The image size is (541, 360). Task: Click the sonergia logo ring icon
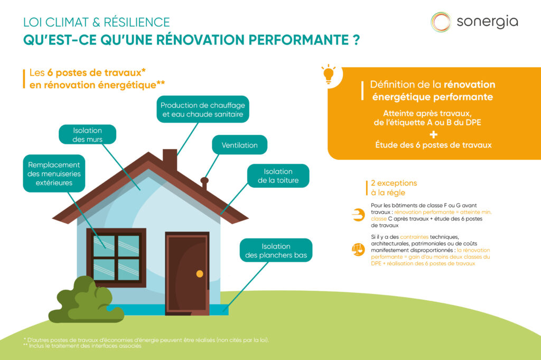pyautogui.click(x=441, y=22)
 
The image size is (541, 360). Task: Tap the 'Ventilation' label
pyautogui.click(x=239, y=145)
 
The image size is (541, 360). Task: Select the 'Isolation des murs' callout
pyautogui.click(x=87, y=135)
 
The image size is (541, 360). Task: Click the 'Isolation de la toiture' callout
pyautogui.click(x=278, y=176)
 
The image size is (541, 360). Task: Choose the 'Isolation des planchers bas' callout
pyautogui.click(x=276, y=251)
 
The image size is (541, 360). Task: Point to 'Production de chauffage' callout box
pyautogui.click(x=202, y=109)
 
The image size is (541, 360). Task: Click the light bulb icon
pyautogui.click(x=329, y=74)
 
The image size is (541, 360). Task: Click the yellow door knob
pyautogui.click(x=199, y=273)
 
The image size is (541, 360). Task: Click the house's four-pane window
pyautogui.click(x=116, y=257)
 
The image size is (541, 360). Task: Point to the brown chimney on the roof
pyautogui.click(x=170, y=160)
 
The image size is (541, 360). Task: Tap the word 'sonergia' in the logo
pyautogui.click(x=487, y=22)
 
